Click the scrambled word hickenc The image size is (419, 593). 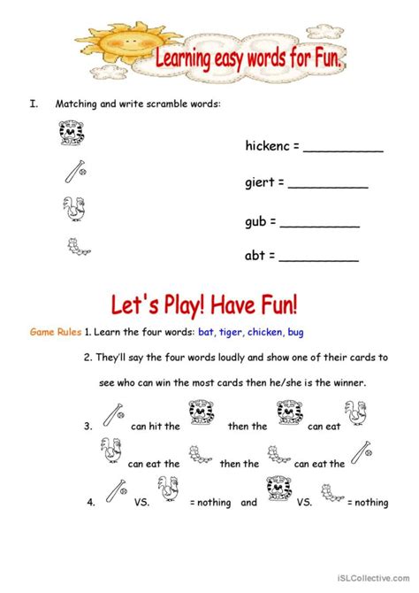(267, 147)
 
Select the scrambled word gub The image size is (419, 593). (256, 222)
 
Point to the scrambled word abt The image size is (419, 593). (255, 257)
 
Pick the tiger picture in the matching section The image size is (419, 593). (69, 133)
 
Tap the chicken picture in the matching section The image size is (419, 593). (72, 208)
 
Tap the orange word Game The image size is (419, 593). (43, 332)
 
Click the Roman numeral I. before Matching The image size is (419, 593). (33, 104)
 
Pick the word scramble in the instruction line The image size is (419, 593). (160, 104)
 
